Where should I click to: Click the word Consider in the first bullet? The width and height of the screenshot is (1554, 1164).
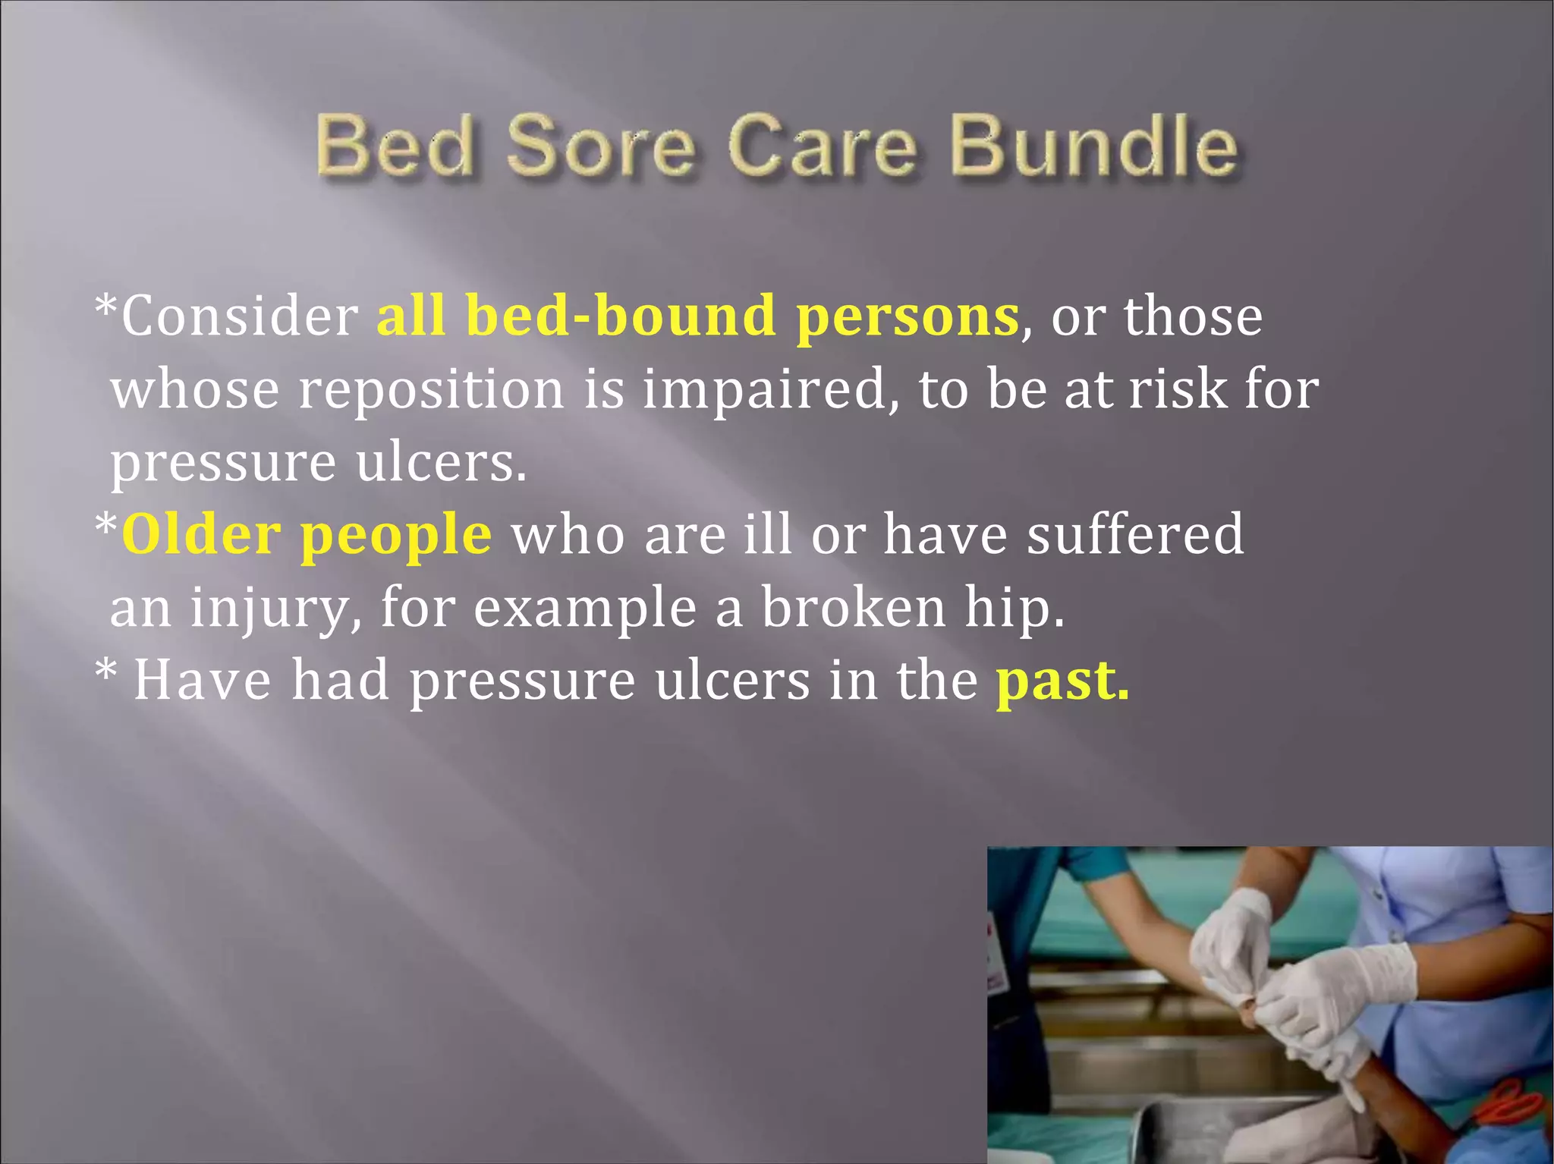pos(240,316)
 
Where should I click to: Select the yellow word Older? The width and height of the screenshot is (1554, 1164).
pos(201,535)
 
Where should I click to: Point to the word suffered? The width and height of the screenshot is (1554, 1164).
pos(1135,534)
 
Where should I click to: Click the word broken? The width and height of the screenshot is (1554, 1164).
pos(854,607)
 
